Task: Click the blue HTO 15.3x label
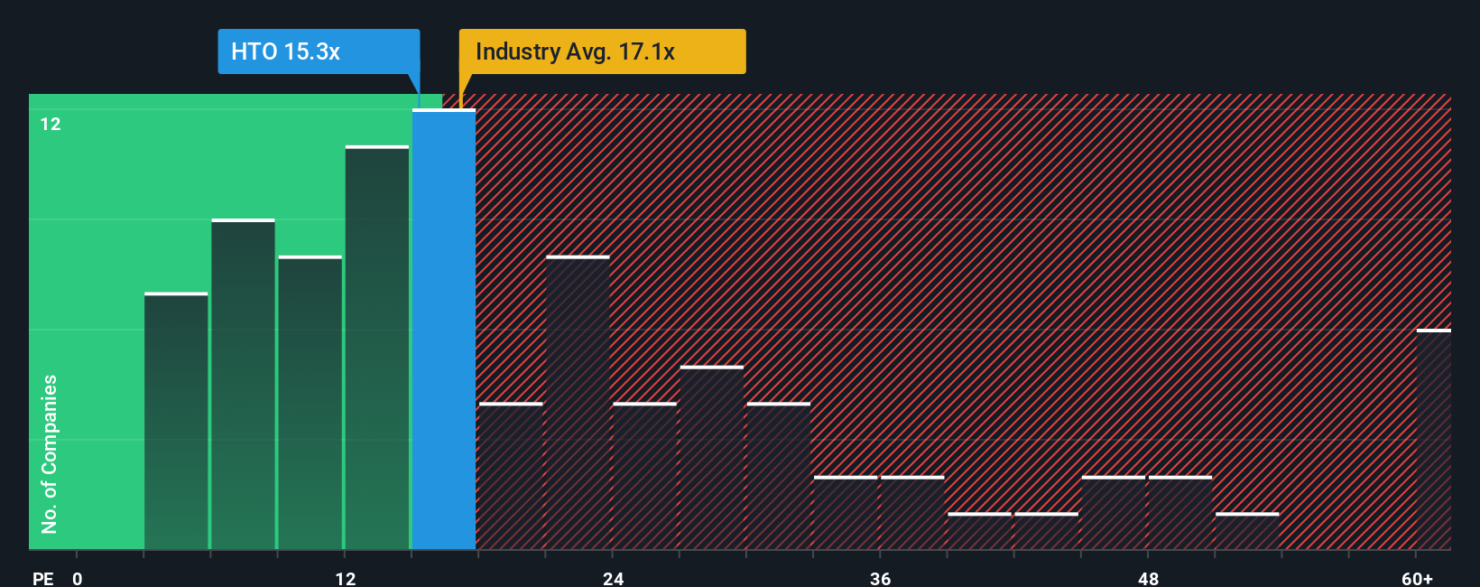318,51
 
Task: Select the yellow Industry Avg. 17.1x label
602,51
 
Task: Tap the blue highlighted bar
444,330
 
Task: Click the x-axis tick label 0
78,578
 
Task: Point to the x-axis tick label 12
346,578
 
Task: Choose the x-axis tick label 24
614,578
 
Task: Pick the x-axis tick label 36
881,578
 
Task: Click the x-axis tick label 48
1148,578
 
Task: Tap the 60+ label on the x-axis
1417,578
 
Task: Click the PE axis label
43,578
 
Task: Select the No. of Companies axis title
50,453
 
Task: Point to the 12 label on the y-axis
51,125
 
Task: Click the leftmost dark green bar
176,422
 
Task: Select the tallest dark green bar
377,348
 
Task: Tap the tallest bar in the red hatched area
578,404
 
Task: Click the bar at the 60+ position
1433,440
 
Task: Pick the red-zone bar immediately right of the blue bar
511,477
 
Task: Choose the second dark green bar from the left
243,385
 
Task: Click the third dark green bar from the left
310,404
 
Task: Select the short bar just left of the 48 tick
1114,513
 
